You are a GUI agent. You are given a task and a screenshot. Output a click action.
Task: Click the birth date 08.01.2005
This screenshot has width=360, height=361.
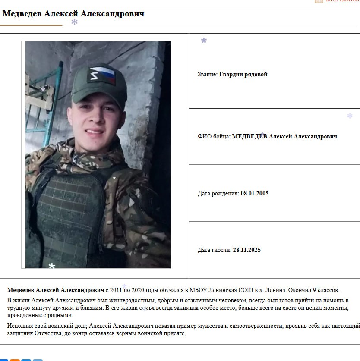point(255,194)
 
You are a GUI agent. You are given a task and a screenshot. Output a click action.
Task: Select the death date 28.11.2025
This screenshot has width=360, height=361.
point(246,250)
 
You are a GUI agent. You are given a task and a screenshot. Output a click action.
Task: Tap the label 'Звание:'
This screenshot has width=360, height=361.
point(208,75)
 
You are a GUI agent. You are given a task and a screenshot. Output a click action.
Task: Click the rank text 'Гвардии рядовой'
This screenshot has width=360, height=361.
point(243,75)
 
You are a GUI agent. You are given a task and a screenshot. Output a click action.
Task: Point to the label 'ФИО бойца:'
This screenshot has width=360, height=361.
point(214,137)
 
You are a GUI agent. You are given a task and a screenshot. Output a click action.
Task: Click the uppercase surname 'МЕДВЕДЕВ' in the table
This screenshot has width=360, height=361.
point(249,137)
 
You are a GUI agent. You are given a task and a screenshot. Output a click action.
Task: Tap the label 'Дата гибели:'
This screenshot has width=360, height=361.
point(215,250)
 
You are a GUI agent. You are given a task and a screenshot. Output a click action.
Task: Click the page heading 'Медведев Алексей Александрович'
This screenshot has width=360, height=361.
point(73,14)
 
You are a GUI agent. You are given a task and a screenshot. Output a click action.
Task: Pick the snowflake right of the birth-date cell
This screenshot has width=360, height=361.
point(350,116)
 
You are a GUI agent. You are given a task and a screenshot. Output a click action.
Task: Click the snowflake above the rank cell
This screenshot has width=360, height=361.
point(204,41)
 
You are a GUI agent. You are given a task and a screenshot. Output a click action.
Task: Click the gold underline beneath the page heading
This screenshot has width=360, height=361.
point(31,25)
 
